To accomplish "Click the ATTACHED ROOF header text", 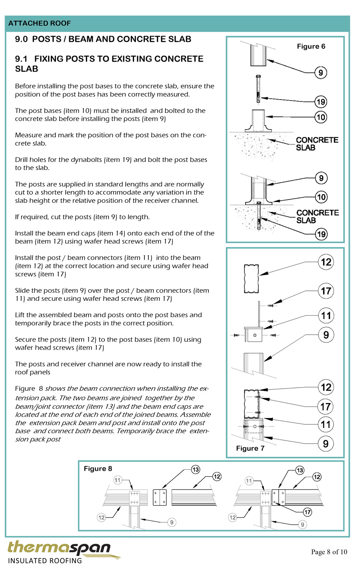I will point(39,24).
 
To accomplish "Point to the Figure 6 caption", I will point(311,46).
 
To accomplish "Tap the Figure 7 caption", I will point(250,448).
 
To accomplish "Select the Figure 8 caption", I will point(98,469).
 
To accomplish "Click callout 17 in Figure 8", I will point(307,512).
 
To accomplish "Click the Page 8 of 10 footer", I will point(329,552).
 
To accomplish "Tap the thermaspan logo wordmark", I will point(59,548).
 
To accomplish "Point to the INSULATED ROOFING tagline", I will point(45,561).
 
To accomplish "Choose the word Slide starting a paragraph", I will point(23,290).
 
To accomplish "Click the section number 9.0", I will point(21,39).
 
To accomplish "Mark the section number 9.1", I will point(21,59).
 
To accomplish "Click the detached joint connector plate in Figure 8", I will point(160,497).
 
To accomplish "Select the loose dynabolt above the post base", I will point(258,89).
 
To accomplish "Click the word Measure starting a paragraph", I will point(28,135).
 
